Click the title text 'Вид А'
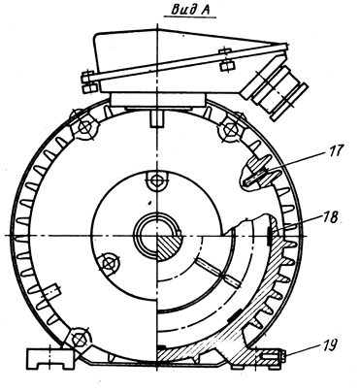point(190,10)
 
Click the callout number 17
point(337,150)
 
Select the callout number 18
point(329,217)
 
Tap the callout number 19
point(328,344)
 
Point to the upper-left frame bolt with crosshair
point(85,127)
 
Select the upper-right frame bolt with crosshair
point(230,129)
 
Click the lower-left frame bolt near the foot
point(79,339)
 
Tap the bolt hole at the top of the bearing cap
point(157,179)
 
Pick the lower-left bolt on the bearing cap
point(108,264)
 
